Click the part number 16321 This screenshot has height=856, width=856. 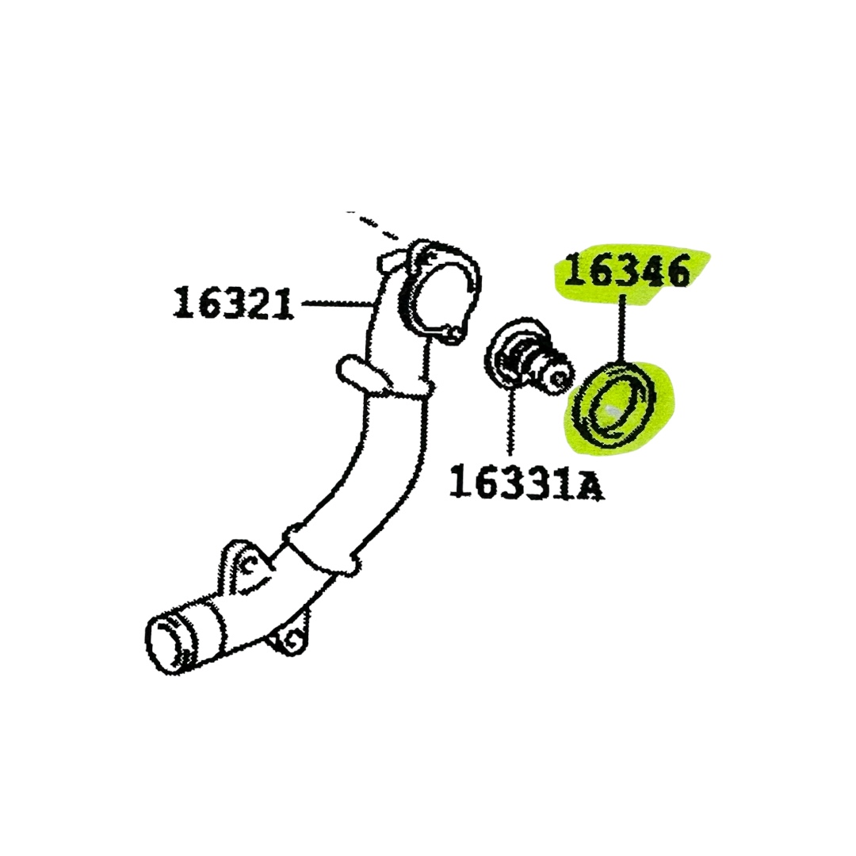(x=232, y=303)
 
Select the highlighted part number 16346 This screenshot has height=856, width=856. (x=625, y=271)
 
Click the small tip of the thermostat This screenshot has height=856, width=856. (x=560, y=372)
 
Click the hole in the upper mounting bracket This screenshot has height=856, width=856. (x=246, y=565)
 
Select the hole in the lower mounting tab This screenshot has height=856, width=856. (x=291, y=638)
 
